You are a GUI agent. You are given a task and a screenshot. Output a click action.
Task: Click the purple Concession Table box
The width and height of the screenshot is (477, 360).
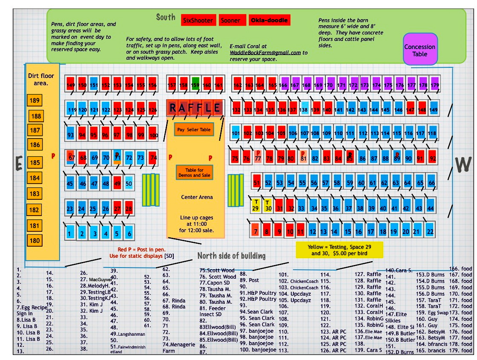point(420,49)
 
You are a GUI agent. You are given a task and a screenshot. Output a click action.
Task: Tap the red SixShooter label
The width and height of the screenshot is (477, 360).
point(197,20)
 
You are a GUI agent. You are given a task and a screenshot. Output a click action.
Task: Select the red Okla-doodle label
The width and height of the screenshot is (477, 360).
point(269,20)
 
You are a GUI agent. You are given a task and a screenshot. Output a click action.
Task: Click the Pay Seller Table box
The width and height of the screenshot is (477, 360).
point(193,130)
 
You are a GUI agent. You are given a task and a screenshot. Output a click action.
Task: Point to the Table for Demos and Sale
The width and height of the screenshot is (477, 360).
point(194,173)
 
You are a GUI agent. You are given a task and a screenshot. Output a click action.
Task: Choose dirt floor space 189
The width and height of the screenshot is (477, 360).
point(35,101)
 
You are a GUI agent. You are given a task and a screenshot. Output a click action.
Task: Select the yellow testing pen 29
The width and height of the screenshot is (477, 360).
point(256,205)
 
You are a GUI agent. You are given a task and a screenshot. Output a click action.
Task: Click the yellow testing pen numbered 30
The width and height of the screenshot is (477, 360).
point(268,205)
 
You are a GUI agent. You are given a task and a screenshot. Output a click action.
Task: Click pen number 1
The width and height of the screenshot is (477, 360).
point(69,233)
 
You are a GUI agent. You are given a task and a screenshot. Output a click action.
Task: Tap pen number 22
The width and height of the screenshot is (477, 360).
point(430,231)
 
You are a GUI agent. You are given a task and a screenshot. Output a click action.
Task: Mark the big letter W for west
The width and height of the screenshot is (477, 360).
point(463,164)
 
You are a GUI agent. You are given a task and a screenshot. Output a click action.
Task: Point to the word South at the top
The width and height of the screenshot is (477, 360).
point(166,17)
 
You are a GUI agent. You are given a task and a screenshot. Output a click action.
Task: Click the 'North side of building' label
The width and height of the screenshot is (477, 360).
point(231,256)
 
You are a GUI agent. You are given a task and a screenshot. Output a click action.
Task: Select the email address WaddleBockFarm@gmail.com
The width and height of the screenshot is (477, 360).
point(265,53)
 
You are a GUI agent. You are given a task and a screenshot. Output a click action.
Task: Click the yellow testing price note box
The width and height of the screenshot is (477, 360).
point(339,250)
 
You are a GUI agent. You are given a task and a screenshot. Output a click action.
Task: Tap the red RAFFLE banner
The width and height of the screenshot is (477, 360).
point(195,108)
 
